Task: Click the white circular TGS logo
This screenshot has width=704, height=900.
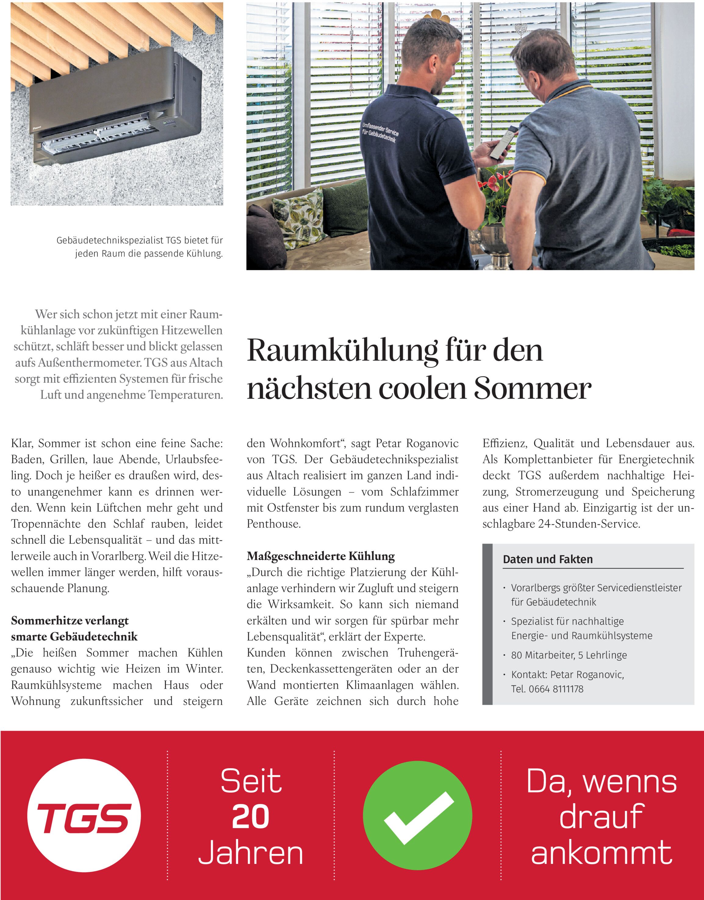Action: tap(84, 816)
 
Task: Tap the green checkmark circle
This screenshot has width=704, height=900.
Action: tap(418, 816)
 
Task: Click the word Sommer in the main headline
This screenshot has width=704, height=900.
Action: tap(533, 389)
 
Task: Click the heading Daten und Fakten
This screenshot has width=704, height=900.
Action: tap(548, 559)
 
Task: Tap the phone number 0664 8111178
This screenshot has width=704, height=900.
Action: tap(556, 689)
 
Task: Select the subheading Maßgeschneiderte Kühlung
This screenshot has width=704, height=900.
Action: tap(321, 556)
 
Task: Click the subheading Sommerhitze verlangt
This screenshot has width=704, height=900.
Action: tap(70, 621)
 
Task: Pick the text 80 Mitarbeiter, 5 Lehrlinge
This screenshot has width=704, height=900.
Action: tap(569, 655)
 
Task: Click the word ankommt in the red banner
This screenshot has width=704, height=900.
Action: tap(602, 853)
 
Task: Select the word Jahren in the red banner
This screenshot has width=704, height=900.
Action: tap(251, 853)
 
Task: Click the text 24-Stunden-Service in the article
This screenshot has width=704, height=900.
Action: tap(589, 524)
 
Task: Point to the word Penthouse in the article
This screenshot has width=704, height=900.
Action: tap(274, 524)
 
